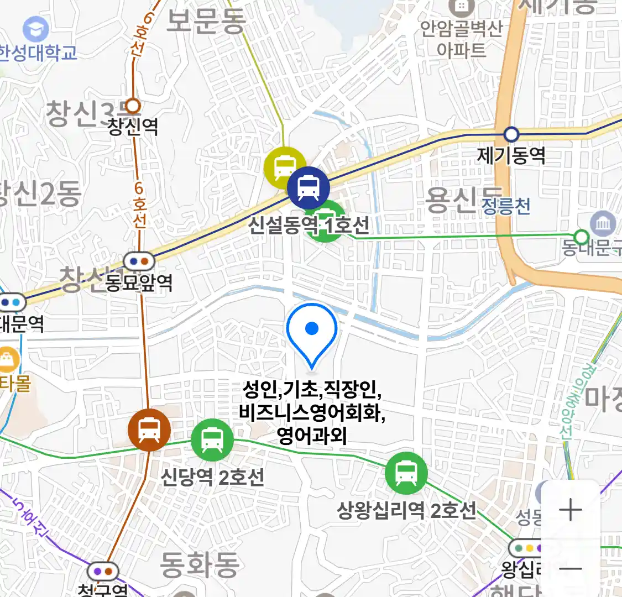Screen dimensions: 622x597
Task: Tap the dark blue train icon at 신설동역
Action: pyautogui.click(x=308, y=188)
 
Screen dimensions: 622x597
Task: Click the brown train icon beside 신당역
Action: pyautogui.click(x=149, y=430)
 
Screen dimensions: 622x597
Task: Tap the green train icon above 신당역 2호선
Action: pyautogui.click(x=212, y=439)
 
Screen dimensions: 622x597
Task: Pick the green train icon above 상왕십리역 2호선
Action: pyautogui.click(x=406, y=473)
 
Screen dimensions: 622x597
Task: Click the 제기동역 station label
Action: pyautogui.click(x=511, y=155)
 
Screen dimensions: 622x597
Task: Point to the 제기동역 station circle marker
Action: pyautogui.click(x=511, y=134)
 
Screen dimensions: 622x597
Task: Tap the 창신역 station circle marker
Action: pyautogui.click(x=133, y=106)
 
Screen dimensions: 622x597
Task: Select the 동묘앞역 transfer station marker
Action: pyautogui.click(x=139, y=261)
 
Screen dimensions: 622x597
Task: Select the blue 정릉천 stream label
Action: pyautogui.click(x=506, y=206)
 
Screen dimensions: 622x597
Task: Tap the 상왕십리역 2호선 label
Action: pyautogui.click(x=406, y=510)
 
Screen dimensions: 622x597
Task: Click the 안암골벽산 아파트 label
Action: pyautogui.click(x=461, y=39)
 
